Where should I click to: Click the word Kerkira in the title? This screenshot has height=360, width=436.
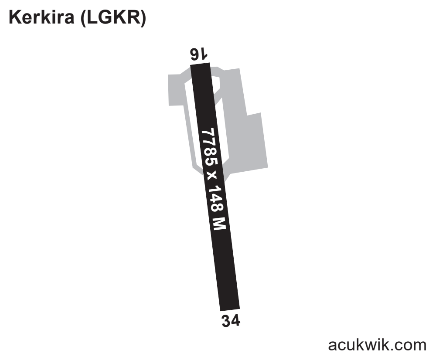[x=42, y=17]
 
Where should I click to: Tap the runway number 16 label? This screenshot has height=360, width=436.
[x=198, y=54]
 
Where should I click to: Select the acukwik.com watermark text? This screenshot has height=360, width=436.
[x=377, y=345]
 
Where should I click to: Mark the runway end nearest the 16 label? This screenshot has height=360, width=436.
[x=200, y=64]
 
